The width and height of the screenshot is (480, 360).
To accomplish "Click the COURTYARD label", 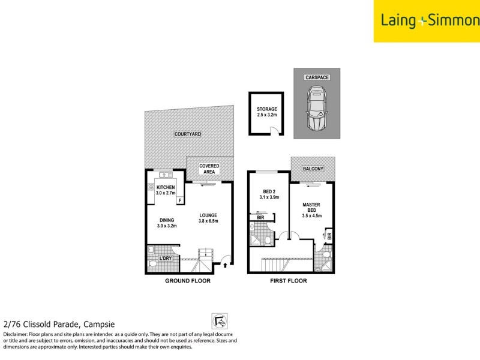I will (187, 133).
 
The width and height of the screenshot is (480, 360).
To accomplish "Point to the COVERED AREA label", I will (209, 169).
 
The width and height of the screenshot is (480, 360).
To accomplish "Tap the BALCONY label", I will (313, 169).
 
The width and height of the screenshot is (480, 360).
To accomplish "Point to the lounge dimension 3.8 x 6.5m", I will (208, 221).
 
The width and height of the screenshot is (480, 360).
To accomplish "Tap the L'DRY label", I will (166, 258).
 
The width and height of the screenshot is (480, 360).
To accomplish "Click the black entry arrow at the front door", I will (226, 262).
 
